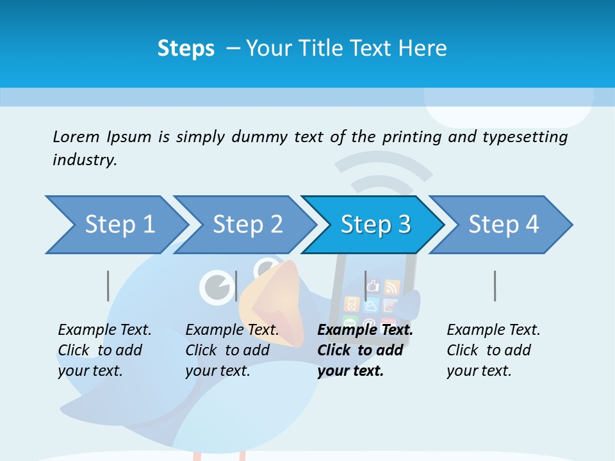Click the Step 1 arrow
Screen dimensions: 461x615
click(119, 225)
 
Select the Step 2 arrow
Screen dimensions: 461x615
click(247, 225)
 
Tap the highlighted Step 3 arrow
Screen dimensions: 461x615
click(375, 225)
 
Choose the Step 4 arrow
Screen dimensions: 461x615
click(503, 225)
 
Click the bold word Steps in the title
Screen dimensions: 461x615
click(186, 49)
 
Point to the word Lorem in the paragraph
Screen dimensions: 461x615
click(76, 136)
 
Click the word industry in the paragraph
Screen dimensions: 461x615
click(84, 160)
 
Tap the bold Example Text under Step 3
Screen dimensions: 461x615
click(365, 330)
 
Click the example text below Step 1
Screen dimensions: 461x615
click(104, 350)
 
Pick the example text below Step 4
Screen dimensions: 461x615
click(493, 350)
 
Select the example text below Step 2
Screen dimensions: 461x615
click(232, 350)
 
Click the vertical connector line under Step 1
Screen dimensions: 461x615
click(108, 286)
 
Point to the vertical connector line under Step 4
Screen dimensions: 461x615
click(495, 286)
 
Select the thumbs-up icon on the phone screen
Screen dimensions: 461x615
click(373, 286)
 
